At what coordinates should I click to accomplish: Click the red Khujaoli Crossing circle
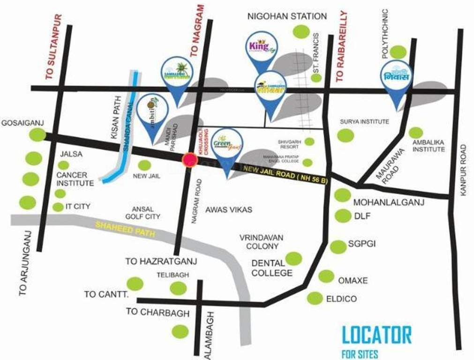coord(189,160)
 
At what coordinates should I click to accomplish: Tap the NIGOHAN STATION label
coord(287,16)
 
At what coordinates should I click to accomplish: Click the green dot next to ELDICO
coord(315,298)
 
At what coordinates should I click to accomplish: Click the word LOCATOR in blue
coord(376,336)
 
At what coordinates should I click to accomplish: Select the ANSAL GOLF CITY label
coord(143,213)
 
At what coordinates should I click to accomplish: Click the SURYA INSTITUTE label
coord(364,122)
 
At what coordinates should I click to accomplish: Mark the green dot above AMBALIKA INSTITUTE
coord(415,133)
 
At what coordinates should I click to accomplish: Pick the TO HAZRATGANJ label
coord(161,261)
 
